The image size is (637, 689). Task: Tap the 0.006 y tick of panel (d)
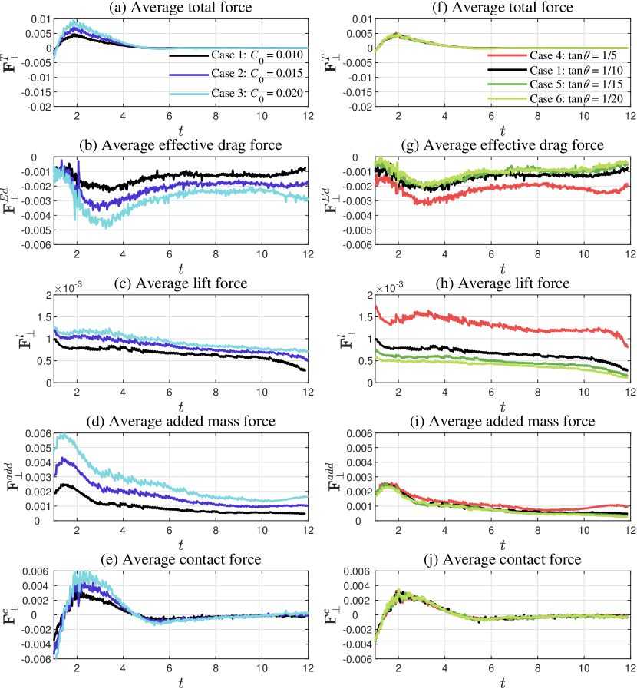click(x=37, y=434)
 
